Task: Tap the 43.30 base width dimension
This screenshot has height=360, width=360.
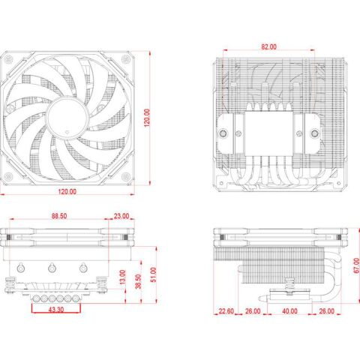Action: tap(55, 308)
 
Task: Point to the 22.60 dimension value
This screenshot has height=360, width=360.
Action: tap(226, 311)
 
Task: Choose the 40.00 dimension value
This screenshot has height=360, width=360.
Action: tap(288, 311)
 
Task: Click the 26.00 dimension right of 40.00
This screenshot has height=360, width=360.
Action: tap(326, 311)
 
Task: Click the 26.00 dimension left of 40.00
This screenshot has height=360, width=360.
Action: tap(252, 311)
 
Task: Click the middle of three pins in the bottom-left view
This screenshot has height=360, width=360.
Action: tap(52, 268)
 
